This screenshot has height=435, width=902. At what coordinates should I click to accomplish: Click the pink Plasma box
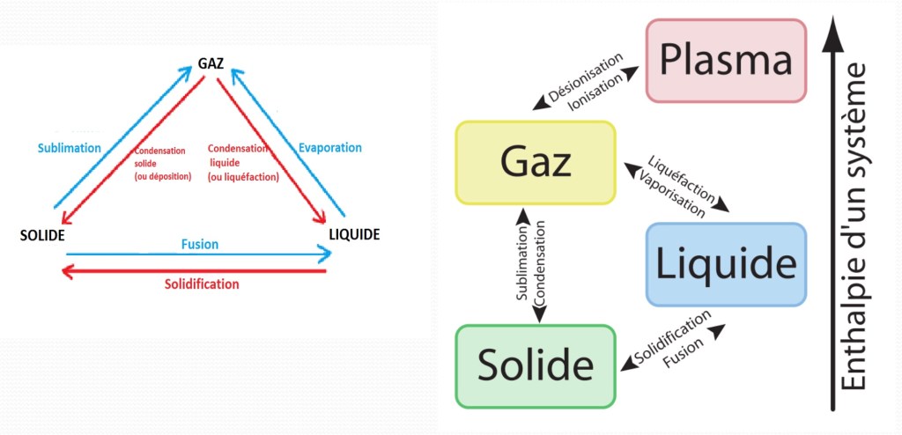[726, 59]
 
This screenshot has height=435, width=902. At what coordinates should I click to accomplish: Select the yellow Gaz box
[536, 163]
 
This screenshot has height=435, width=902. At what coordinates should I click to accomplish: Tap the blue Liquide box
[726, 264]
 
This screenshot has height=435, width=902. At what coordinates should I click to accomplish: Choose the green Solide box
[536, 365]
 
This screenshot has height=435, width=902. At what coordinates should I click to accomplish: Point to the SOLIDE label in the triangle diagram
[43, 235]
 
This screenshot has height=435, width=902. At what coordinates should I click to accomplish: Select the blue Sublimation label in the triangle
[70, 148]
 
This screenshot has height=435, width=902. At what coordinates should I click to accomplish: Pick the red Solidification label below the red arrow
[202, 284]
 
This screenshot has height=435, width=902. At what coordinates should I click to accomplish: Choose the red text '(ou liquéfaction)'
[244, 176]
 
